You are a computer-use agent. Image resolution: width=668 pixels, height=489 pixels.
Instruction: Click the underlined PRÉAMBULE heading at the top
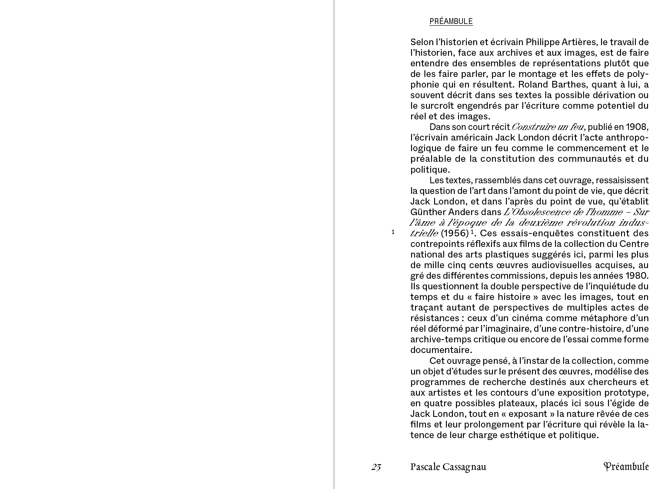[451, 21]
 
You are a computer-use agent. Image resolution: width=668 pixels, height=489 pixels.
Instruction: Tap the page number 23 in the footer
[376, 467]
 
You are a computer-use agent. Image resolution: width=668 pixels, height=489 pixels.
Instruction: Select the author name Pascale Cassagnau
[448, 467]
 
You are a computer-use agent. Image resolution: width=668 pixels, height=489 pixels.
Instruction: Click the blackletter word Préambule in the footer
[626, 467]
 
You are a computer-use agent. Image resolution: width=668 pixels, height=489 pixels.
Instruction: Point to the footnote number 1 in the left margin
[393, 232]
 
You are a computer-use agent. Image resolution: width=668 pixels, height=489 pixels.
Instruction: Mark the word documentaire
[441, 350]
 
